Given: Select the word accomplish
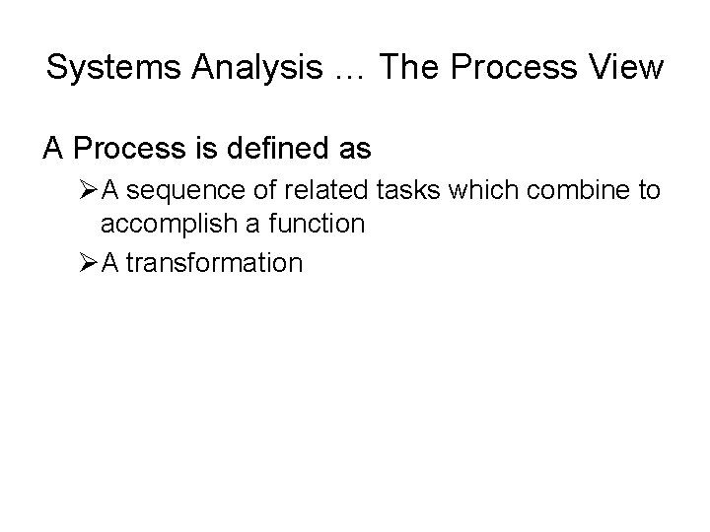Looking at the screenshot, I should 158,225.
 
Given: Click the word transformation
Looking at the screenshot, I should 214,263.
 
